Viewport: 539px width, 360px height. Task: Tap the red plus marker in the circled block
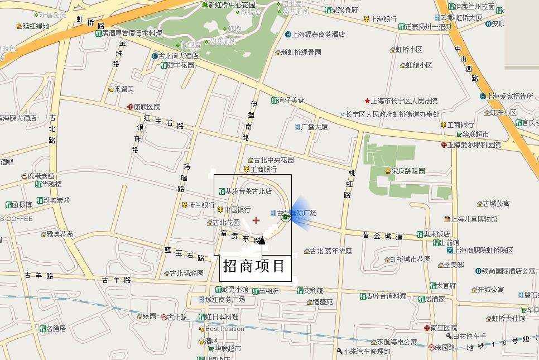pos(256,220)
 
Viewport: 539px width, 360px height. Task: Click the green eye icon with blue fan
pos(286,217)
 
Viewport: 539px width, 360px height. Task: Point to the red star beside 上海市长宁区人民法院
pos(367,101)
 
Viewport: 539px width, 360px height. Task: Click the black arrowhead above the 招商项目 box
pos(262,241)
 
